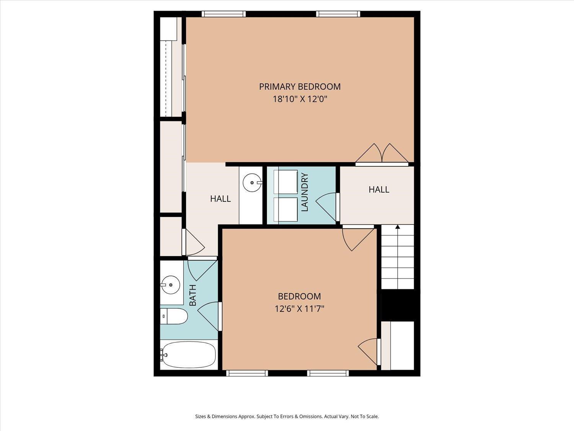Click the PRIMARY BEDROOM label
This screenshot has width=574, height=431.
pyautogui.click(x=300, y=87)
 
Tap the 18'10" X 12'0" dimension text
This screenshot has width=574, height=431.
pyautogui.click(x=300, y=99)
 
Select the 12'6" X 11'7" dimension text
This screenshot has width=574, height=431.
pyautogui.click(x=299, y=309)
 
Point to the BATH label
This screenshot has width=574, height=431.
pyautogui.click(x=192, y=295)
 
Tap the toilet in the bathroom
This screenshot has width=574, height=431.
pyautogui.click(x=174, y=316)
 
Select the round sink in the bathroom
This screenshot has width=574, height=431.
pyautogui.click(x=171, y=285)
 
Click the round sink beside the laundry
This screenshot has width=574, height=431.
pyautogui.click(x=252, y=183)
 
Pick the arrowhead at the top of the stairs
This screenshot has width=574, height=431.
pyautogui.click(x=398, y=227)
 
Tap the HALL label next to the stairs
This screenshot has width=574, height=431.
pyautogui.click(x=379, y=190)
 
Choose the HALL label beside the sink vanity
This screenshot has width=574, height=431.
pyautogui.click(x=220, y=199)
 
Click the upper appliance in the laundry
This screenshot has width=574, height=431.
pyautogui.click(x=285, y=182)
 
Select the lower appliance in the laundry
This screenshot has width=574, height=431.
pyautogui.click(x=285, y=209)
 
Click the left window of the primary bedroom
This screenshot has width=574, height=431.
pyautogui.click(x=223, y=14)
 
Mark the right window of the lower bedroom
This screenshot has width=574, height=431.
pyautogui.click(x=328, y=373)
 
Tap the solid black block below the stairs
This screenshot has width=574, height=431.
pyautogui.click(x=398, y=305)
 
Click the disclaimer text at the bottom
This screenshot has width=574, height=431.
pyautogui.click(x=287, y=416)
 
